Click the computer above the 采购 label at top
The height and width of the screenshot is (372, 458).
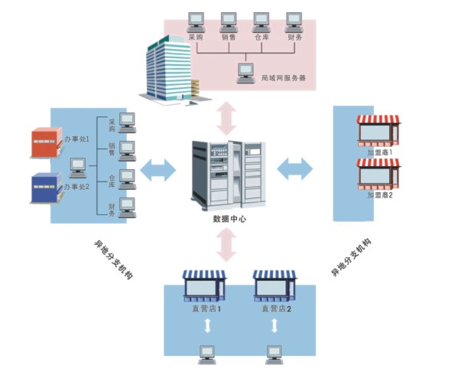pyautogui.click(x=196, y=22)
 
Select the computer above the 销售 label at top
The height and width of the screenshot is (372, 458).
pyautogui.click(x=229, y=22)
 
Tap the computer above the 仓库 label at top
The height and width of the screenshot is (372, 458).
pyautogui.click(x=261, y=22)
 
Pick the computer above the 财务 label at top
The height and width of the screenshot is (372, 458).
pyautogui.click(x=294, y=22)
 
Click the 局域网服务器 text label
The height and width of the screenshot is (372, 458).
pyautogui.click(x=284, y=78)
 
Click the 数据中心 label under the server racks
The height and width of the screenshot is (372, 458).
pyautogui.click(x=229, y=219)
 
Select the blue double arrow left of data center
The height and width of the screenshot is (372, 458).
pyautogui.click(x=158, y=170)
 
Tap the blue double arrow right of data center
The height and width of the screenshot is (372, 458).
pyautogui.click(x=294, y=168)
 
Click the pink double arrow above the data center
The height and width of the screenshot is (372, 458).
pyautogui.click(x=226, y=119)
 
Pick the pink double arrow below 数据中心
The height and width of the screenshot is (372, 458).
pyautogui.click(x=226, y=245)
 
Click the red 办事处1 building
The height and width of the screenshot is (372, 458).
pyautogui.click(x=47, y=142)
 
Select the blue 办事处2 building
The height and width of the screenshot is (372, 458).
pyautogui.click(x=47, y=188)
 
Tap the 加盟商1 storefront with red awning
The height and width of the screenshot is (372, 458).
pyautogui.click(x=378, y=131)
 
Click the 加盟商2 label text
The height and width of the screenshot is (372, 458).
pyautogui.click(x=380, y=194)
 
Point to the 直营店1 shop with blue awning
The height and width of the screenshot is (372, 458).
pyautogui.click(x=204, y=286)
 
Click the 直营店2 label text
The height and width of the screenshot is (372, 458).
pyautogui.click(x=276, y=308)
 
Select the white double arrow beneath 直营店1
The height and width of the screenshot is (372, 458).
pyautogui.click(x=207, y=325)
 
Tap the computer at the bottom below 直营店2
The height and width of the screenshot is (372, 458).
pyautogui.click(x=274, y=355)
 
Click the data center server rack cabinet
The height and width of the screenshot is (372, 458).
pyautogui.click(x=229, y=175)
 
